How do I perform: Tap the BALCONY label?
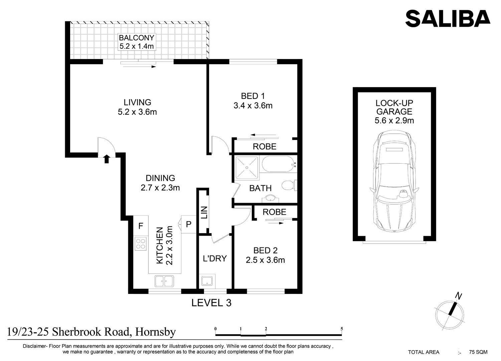136,38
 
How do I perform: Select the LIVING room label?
137,102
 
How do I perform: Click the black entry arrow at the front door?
107,159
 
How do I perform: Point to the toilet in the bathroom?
289,185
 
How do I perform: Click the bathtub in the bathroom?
279,164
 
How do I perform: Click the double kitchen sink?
164,281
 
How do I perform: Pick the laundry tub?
207,281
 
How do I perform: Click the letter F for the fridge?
141,226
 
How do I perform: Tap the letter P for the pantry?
189,224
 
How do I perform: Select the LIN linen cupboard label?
204,212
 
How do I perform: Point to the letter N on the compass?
459,296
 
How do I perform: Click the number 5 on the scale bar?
342,329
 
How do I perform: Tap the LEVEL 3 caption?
211,303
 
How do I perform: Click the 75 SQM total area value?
478,352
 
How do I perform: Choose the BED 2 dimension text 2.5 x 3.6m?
265,260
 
